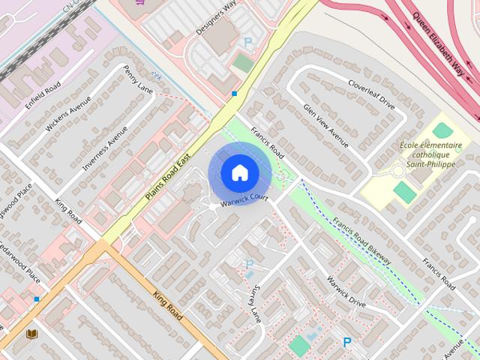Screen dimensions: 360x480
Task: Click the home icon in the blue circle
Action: point(239,173)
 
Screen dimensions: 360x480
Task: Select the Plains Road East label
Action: point(168,172)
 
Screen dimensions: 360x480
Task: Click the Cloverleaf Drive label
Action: point(370,92)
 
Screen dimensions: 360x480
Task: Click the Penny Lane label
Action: point(139,80)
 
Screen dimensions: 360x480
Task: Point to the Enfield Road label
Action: point(42,97)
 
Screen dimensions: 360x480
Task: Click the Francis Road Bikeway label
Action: point(362,240)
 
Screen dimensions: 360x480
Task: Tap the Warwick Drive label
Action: point(345,292)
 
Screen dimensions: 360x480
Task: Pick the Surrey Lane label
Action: point(255,301)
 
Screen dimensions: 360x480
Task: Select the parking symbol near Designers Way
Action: point(248,43)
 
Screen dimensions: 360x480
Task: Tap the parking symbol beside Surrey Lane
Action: point(250,263)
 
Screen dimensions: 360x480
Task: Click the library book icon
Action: point(31,334)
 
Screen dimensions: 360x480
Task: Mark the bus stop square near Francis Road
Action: point(235,94)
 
